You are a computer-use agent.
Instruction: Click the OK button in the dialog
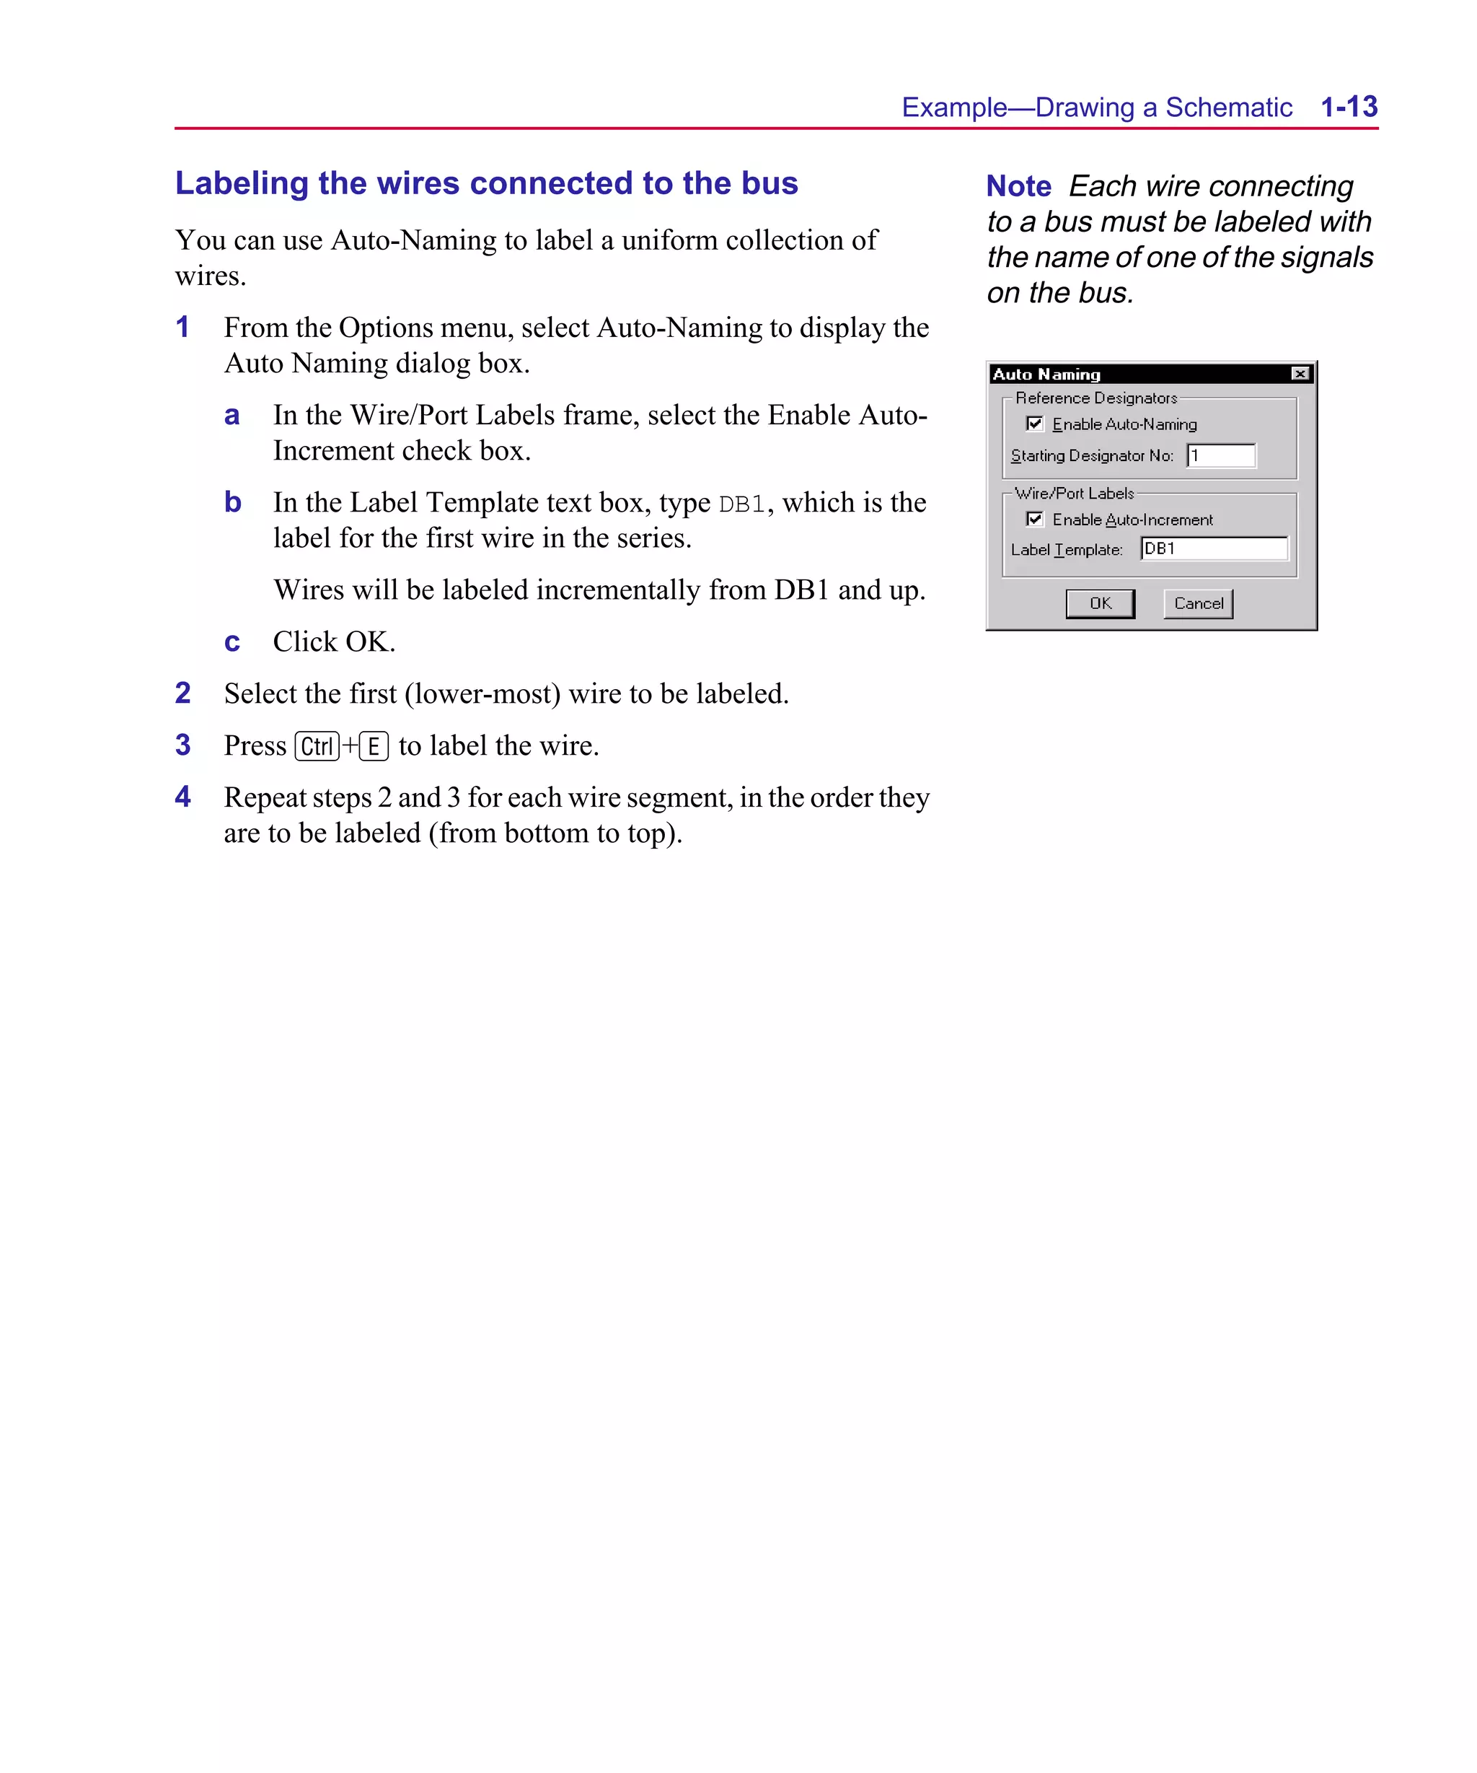(x=1099, y=604)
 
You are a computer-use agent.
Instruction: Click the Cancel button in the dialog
(x=1198, y=604)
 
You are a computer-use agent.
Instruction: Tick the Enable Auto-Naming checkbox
(x=1035, y=424)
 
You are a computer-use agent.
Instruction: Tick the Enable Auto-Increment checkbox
(x=1035, y=520)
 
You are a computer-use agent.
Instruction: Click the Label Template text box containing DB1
(x=1214, y=548)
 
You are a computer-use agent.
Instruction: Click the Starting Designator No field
(x=1220, y=456)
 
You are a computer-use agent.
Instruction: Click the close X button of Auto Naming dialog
(x=1300, y=374)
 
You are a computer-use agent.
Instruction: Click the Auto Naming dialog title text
(x=1046, y=375)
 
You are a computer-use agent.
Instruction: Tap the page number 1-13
(x=1348, y=108)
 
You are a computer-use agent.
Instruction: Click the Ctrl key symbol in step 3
(x=317, y=746)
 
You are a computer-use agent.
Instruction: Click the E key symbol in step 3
(x=373, y=746)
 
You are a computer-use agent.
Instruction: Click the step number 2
(x=183, y=693)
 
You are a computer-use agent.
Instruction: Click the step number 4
(x=183, y=796)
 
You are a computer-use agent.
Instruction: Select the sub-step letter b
(x=233, y=502)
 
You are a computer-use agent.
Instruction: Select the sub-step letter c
(x=232, y=642)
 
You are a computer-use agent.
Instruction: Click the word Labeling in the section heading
(x=242, y=183)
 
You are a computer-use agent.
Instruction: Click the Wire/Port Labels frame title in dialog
(x=1074, y=494)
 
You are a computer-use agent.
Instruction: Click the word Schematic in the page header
(x=1228, y=108)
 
